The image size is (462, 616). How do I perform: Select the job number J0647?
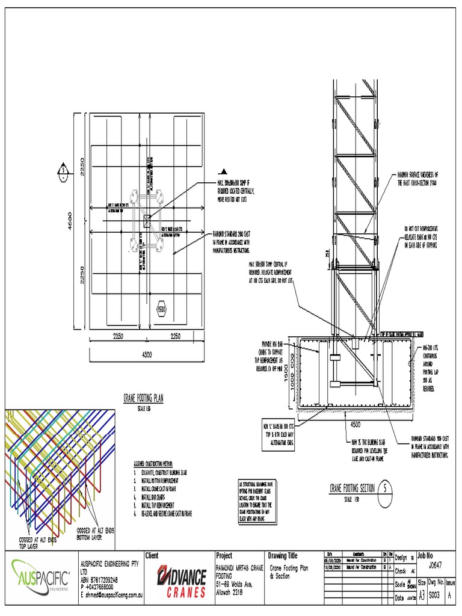pos(437,565)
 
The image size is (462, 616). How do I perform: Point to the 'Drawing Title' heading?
pos(286,556)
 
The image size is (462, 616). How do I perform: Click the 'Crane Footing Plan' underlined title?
pos(143,398)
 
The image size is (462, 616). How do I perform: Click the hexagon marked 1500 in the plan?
pos(161,309)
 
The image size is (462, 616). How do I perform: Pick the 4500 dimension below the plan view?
pos(146,355)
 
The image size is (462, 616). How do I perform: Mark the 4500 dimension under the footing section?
pos(356,423)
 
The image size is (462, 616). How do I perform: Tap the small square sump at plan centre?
pos(147,221)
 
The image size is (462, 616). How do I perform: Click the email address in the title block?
pos(114,594)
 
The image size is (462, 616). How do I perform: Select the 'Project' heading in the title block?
pos(223,556)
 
